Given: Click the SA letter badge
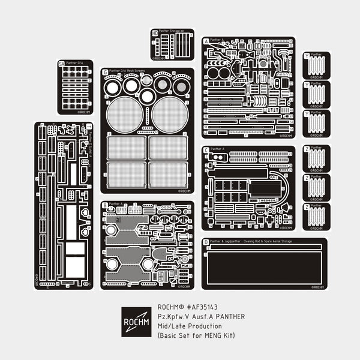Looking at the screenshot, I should click(61, 63).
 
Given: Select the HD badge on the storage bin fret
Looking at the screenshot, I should click(155, 33).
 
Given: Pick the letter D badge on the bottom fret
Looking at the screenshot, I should click(206, 242).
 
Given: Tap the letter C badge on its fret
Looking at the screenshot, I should click(206, 149).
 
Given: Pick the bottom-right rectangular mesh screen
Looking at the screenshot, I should click(168, 174).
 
